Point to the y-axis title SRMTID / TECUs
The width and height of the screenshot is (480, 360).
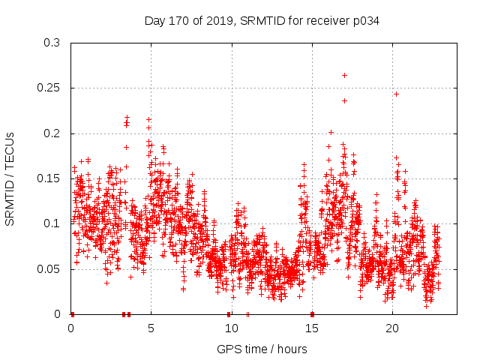pos(10,178)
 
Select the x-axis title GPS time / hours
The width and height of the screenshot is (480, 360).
pos(262,349)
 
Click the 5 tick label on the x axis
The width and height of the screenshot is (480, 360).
pos(151,328)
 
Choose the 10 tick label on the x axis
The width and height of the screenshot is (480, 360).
pos(231,328)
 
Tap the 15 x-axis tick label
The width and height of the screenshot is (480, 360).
pos(312,328)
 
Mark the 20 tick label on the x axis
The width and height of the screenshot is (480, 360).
pos(392,328)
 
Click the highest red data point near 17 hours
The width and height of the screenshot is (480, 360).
pos(344,75)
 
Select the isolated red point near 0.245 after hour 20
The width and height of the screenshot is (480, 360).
pos(396,94)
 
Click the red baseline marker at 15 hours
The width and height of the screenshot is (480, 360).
pos(312,313)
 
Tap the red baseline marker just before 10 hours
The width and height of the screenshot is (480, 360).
pos(229,313)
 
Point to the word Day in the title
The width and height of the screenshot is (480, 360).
pos(154,21)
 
